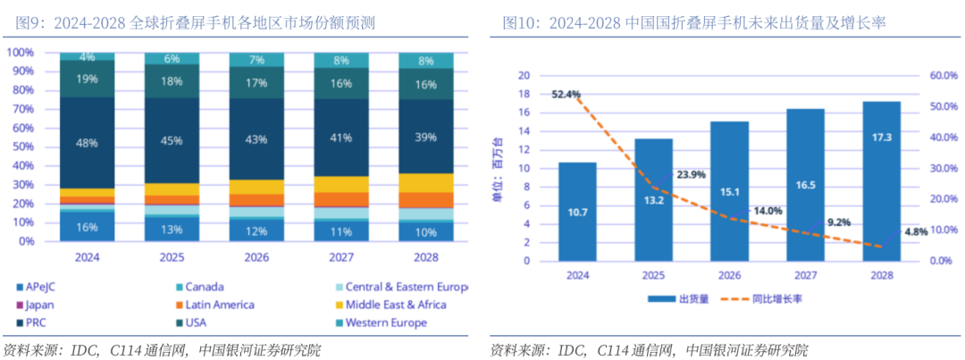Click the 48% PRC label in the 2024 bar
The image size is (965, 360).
tap(87, 143)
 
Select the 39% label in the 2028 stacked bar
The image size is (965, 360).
tap(425, 137)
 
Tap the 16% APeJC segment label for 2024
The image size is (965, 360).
tap(87, 227)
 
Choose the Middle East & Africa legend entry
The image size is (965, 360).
tap(395, 305)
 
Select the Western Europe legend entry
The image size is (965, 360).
tap(384, 322)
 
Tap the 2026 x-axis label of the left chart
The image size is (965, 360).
tap(256, 257)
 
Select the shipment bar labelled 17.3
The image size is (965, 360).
tap(882, 182)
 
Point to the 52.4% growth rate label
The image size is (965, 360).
tap(566, 94)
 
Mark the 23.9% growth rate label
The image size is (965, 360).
tap(692, 175)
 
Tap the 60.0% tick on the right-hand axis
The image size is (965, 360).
tap(944, 76)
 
